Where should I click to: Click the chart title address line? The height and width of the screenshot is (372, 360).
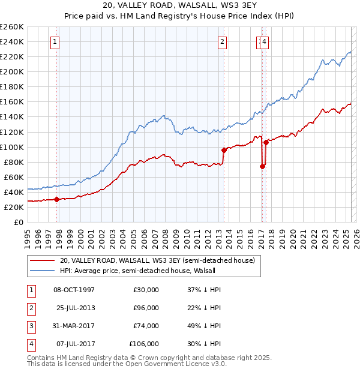179,7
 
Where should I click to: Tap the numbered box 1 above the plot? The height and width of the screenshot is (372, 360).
55,41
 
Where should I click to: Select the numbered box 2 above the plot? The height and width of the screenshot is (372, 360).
222,41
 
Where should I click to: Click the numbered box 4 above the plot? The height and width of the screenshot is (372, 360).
265,41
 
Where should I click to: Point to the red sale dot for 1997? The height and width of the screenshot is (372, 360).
56,199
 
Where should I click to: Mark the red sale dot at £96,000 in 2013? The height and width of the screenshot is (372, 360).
224,150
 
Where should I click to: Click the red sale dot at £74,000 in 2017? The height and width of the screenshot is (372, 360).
263,166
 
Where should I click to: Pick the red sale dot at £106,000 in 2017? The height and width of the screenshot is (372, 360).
266,142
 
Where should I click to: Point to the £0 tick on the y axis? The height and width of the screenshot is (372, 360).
19,222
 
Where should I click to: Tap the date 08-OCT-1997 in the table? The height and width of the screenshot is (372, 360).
74,290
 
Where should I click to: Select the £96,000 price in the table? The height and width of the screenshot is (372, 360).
146,308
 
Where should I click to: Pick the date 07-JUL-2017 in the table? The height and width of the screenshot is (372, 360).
75,344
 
